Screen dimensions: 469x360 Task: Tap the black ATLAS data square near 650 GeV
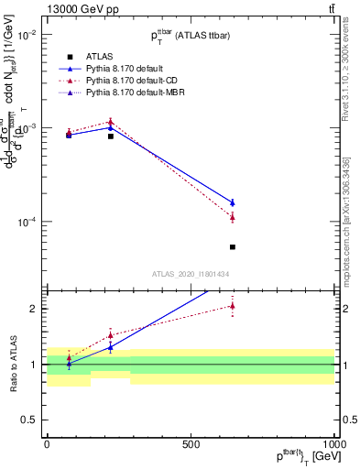pyautogui.click(x=233, y=246)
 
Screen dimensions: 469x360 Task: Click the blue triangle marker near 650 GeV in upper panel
pyautogui.click(x=233, y=202)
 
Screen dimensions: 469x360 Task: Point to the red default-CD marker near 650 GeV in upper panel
pyautogui.click(x=233, y=217)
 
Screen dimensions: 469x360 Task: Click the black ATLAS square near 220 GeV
pyautogui.click(x=111, y=136)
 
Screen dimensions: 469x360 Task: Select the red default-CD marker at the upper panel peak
pyautogui.click(x=111, y=122)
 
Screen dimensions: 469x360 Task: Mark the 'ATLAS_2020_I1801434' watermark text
pyautogui.click(x=190, y=273)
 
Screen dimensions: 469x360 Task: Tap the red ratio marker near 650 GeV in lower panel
pyautogui.click(x=233, y=306)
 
